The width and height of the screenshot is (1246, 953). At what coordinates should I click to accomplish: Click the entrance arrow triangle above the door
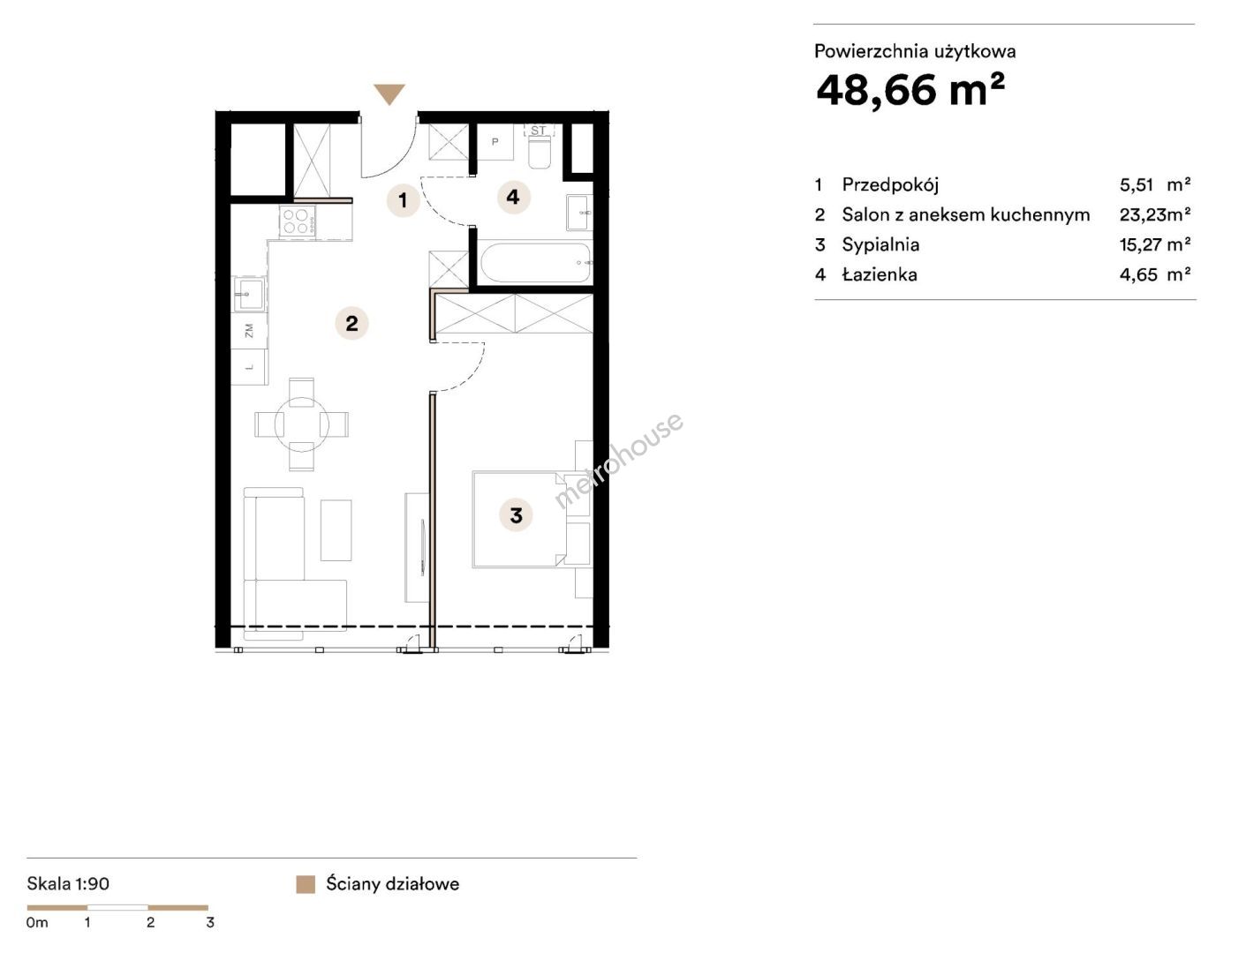tap(389, 93)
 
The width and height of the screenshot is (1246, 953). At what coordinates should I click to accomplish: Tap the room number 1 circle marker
tap(403, 200)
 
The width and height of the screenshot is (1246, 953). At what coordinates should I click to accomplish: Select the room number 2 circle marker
tap(352, 323)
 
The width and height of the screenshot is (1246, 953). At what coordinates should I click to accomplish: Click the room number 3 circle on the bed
tap(516, 515)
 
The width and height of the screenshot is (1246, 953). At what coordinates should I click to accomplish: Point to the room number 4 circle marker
tap(513, 198)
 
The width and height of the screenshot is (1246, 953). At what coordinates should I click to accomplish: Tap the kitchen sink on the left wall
tap(249, 294)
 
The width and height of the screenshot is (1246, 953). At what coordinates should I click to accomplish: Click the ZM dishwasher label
tap(249, 331)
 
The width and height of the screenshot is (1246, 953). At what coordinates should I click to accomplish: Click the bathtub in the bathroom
tap(536, 263)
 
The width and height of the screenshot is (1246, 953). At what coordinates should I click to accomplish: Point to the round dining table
tap(301, 424)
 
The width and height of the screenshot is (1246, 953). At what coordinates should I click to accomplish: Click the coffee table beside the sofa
tap(336, 529)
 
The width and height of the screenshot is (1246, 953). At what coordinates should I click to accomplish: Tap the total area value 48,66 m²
tap(910, 90)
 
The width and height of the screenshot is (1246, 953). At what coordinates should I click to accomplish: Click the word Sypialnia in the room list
tap(880, 244)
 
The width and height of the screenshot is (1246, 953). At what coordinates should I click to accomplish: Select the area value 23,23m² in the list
tap(1155, 214)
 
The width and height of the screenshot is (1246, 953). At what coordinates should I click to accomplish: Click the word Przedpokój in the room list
tap(890, 184)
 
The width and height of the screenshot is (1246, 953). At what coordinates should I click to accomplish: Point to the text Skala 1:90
tap(68, 883)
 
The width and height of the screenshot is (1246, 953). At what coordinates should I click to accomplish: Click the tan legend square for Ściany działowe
tap(306, 884)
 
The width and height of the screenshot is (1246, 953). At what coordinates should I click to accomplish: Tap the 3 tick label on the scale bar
tap(210, 922)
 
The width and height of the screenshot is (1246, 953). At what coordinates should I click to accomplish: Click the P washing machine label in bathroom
tap(495, 142)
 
